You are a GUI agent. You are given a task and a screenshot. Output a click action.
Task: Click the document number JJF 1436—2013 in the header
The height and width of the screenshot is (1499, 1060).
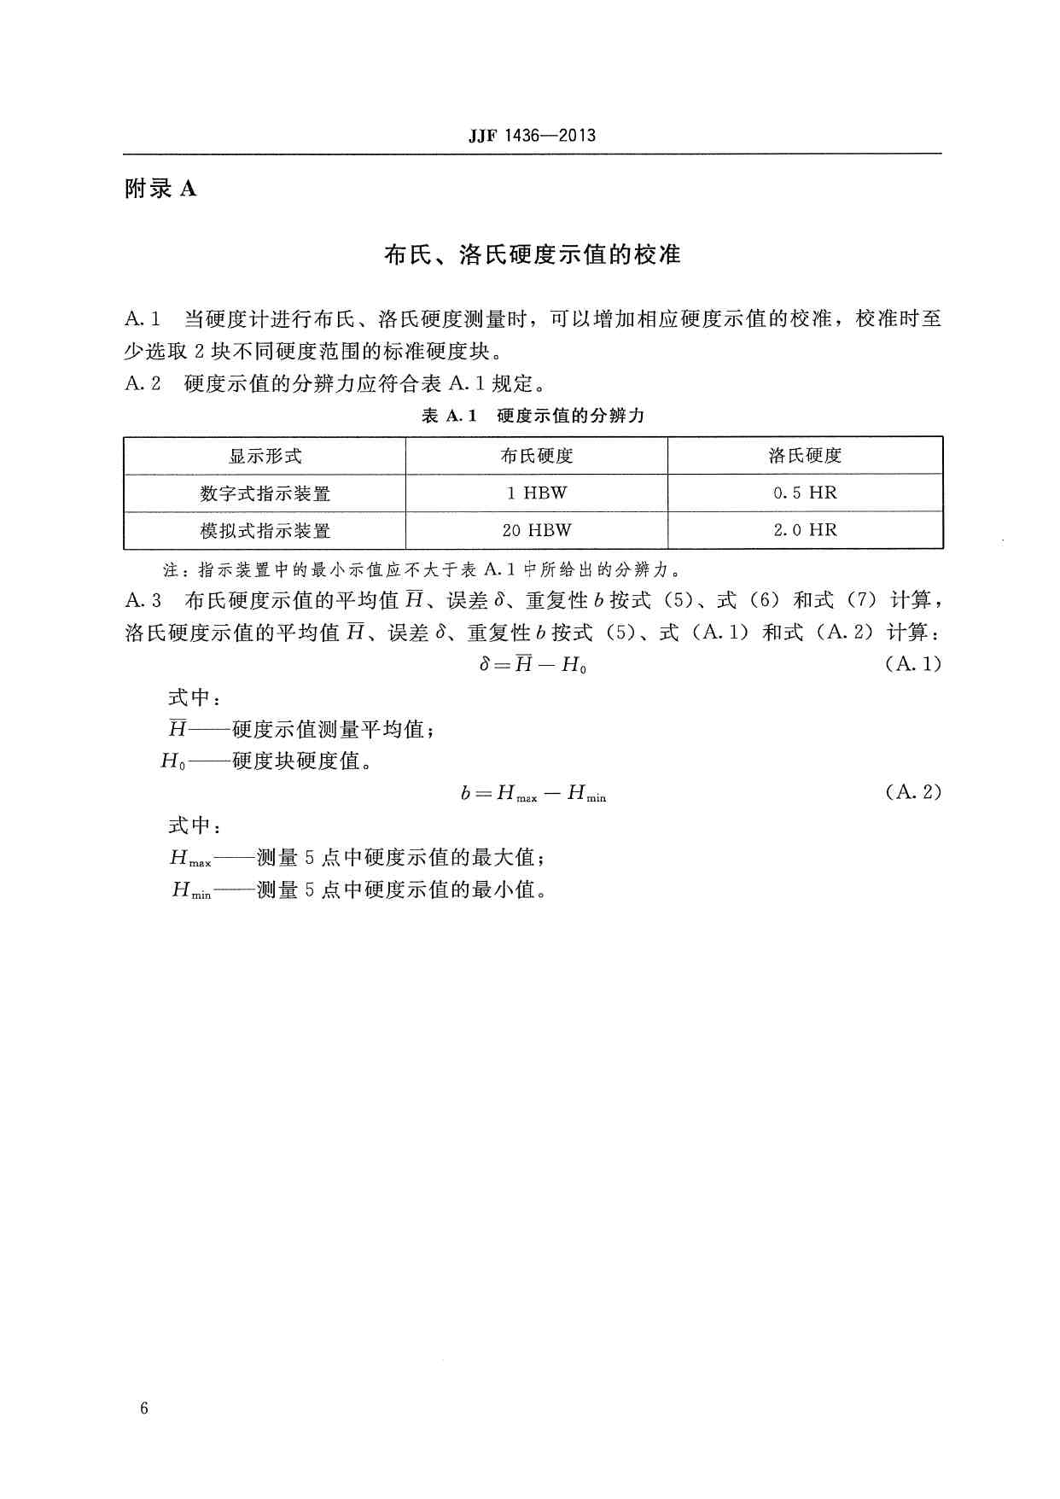point(532,136)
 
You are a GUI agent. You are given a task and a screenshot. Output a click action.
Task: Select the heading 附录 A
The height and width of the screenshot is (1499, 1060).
point(160,189)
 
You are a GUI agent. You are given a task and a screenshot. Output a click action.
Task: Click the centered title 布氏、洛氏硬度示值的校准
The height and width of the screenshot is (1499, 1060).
point(532,254)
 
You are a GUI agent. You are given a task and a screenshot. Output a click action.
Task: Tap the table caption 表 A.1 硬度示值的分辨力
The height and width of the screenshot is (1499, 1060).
point(533,416)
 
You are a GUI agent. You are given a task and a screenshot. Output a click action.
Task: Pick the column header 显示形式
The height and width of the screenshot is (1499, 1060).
point(265,456)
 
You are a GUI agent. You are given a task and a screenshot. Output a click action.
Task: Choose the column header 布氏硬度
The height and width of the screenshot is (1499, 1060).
point(536,456)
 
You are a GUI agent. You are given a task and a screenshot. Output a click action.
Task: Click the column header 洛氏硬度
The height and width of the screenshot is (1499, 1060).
point(805,456)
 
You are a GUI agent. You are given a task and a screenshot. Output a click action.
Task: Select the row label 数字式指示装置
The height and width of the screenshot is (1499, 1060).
point(265,493)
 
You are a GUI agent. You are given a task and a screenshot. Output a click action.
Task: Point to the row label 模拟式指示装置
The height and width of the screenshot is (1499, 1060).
point(265,530)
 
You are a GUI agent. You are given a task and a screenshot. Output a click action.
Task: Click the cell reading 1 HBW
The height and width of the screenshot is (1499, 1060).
point(536,493)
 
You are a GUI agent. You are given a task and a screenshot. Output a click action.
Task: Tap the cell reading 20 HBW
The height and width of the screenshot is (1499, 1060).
point(536,530)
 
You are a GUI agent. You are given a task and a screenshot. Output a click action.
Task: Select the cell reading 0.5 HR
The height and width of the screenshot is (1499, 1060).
point(805,493)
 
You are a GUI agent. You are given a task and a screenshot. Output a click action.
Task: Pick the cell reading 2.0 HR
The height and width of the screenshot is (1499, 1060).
point(805,530)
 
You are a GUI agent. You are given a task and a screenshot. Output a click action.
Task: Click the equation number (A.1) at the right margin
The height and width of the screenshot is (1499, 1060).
point(912,664)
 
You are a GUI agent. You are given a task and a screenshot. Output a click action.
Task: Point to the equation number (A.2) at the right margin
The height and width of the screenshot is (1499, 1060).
point(912,792)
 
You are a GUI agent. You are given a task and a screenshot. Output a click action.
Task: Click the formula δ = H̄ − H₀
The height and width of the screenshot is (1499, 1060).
point(533,664)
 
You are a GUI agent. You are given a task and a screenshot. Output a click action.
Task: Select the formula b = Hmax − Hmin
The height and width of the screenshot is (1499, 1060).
point(533,794)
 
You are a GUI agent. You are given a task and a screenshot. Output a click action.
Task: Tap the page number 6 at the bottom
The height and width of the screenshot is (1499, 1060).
point(144,1409)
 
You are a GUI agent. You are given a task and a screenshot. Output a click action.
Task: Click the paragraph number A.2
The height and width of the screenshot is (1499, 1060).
point(143,384)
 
